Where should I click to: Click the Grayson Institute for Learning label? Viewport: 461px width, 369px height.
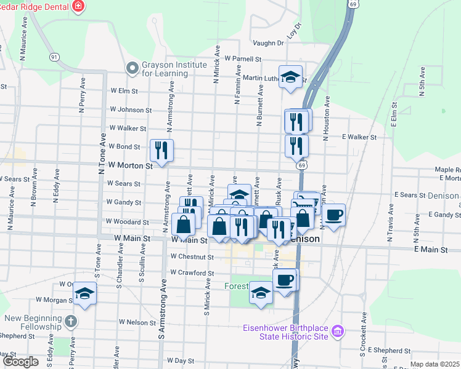[174, 69]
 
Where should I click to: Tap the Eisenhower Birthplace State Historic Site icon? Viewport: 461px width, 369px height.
[337, 332]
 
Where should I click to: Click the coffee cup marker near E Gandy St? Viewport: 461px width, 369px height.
[333, 215]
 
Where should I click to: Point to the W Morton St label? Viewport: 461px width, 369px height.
[129, 165]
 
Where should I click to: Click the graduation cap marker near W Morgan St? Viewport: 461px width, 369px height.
[85, 294]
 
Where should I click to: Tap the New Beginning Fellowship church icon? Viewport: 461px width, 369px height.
[71, 322]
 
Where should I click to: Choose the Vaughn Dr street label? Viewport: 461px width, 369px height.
[268, 43]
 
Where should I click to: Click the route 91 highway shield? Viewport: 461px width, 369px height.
[55, 57]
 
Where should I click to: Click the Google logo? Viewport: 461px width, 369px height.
[20, 362]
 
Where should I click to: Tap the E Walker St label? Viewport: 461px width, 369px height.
[359, 137]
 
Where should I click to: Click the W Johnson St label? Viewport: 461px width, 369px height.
[131, 110]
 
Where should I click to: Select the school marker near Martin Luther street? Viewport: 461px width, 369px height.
[292, 77]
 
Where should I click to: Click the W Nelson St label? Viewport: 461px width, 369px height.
[138, 322]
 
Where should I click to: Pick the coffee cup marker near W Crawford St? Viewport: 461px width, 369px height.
[285, 280]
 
